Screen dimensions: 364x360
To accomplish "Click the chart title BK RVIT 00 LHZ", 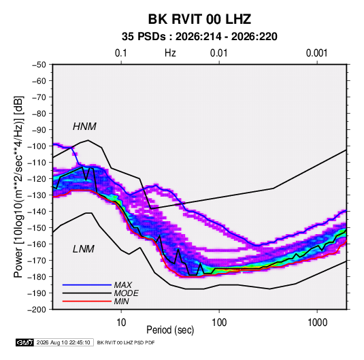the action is (x=199, y=19).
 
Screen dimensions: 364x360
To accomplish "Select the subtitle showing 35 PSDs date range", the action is (x=199, y=37).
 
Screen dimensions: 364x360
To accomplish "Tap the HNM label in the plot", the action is (x=84, y=127).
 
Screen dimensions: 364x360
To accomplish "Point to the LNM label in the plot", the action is (x=84, y=249).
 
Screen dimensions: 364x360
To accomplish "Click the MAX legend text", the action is (x=122, y=285).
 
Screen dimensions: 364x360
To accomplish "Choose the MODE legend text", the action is (x=126, y=293).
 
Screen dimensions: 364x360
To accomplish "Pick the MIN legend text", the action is (x=121, y=301).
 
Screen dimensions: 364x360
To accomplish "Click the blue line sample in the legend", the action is (x=87, y=285).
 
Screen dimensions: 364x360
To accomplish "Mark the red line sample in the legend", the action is (x=87, y=301).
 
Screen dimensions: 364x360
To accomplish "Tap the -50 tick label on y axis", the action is (x=39, y=65).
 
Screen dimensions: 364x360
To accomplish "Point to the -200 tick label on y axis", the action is (x=37, y=310).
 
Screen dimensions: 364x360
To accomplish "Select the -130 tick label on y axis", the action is (x=37, y=195).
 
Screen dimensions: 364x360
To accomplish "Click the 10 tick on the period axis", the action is (x=121, y=323).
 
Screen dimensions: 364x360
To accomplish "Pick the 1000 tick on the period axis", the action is (x=317, y=323).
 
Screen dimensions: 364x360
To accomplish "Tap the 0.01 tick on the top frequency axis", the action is (x=218, y=53).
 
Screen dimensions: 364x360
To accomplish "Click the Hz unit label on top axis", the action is (x=170, y=53).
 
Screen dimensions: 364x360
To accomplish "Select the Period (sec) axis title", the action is (x=170, y=330).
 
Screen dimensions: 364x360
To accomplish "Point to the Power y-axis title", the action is (x=18, y=186).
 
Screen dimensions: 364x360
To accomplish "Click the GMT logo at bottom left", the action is (x=25, y=342).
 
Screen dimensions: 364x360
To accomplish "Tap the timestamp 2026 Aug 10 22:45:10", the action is (x=63, y=342).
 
